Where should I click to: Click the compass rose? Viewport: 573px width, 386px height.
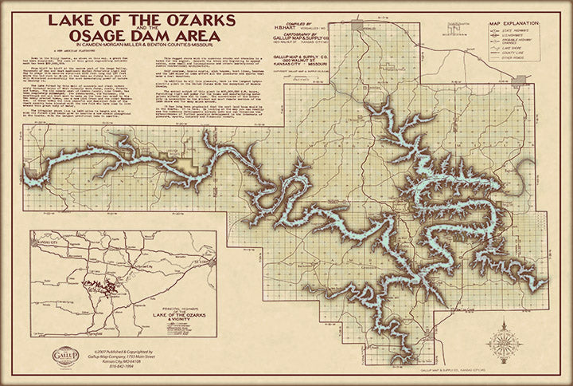pos(503,344)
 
